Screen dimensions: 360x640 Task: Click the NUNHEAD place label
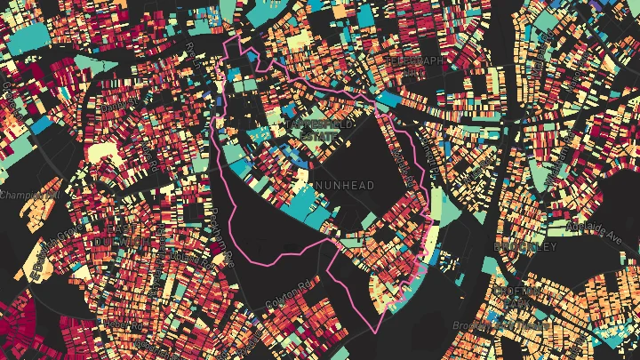pyautogui.click(x=345, y=185)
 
